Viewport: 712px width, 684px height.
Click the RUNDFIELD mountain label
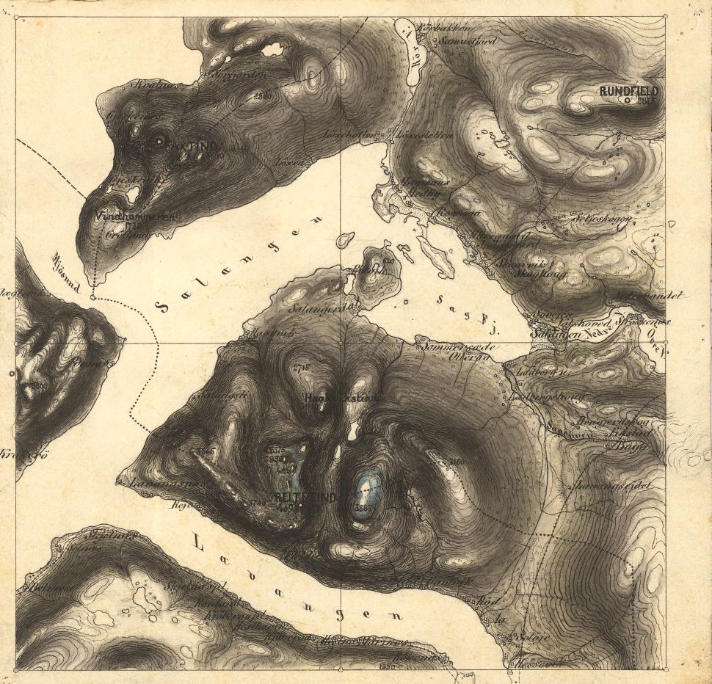pyautogui.click(x=629, y=92)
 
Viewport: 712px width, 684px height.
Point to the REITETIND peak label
pyautogui.click(x=305, y=498)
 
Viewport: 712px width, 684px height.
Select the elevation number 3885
pyautogui.click(x=363, y=507)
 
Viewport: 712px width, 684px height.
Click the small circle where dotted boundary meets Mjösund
pyautogui.click(x=92, y=297)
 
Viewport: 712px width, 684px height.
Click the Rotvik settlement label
pyautogui.click(x=265, y=332)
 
